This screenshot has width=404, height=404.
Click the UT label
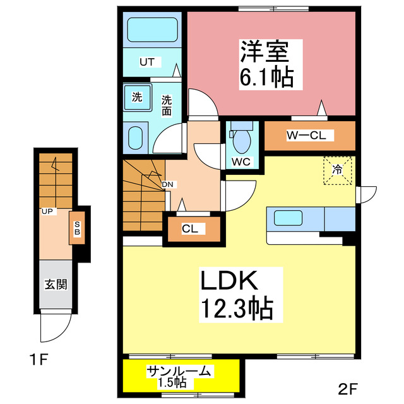tap(146, 62)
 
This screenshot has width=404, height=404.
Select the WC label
tap(241, 161)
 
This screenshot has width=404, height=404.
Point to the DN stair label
tap(168, 184)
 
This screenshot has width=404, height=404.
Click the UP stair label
tap(47, 211)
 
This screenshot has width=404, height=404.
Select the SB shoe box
tap(78, 229)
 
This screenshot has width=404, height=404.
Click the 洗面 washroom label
tap(167, 105)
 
